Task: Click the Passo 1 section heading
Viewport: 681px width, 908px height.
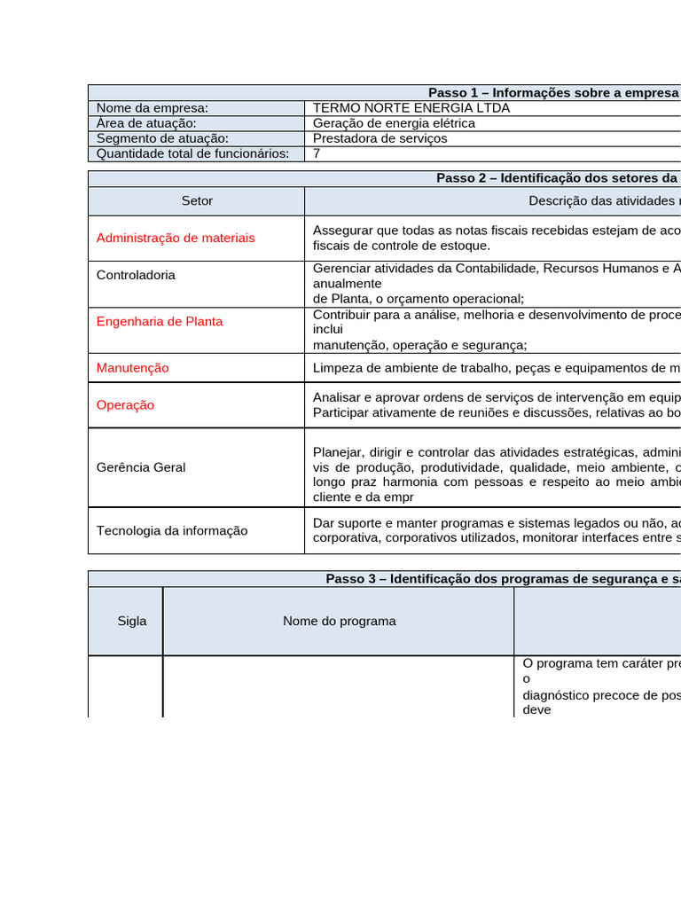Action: (x=553, y=92)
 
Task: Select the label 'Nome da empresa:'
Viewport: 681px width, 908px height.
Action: (x=153, y=108)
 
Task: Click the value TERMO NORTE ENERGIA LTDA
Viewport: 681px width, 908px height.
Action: (x=411, y=108)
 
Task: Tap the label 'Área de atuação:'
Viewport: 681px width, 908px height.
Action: (x=146, y=123)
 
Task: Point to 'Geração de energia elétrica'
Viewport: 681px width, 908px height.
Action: (x=394, y=123)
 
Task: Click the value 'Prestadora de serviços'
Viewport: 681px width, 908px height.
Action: (x=380, y=138)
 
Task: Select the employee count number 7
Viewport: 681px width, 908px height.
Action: (x=317, y=153)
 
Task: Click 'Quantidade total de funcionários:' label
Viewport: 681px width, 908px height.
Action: (x=192, y=153)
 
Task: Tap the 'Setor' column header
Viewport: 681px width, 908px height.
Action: (x=197, y=201)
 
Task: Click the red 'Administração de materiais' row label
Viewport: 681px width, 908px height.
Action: (x=176, y=238)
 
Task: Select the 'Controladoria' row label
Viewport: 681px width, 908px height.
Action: (x=136, y=275)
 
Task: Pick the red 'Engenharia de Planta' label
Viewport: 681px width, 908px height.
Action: (x=160, y=321)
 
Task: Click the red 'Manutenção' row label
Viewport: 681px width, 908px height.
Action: (x=132, y=367)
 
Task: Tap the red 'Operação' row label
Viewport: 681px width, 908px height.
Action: (x=125, y=404)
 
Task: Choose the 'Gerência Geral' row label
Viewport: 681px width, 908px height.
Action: (x=141, y=467)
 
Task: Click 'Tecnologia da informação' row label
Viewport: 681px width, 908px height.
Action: (x=172, y=530)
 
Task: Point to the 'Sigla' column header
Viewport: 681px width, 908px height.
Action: (x=132, y=621)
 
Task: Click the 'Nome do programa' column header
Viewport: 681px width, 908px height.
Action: (x=339, y=621)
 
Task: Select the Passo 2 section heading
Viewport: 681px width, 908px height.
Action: (x=558, y=178)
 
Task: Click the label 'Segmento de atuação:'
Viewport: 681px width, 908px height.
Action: (x=162, y=138)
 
